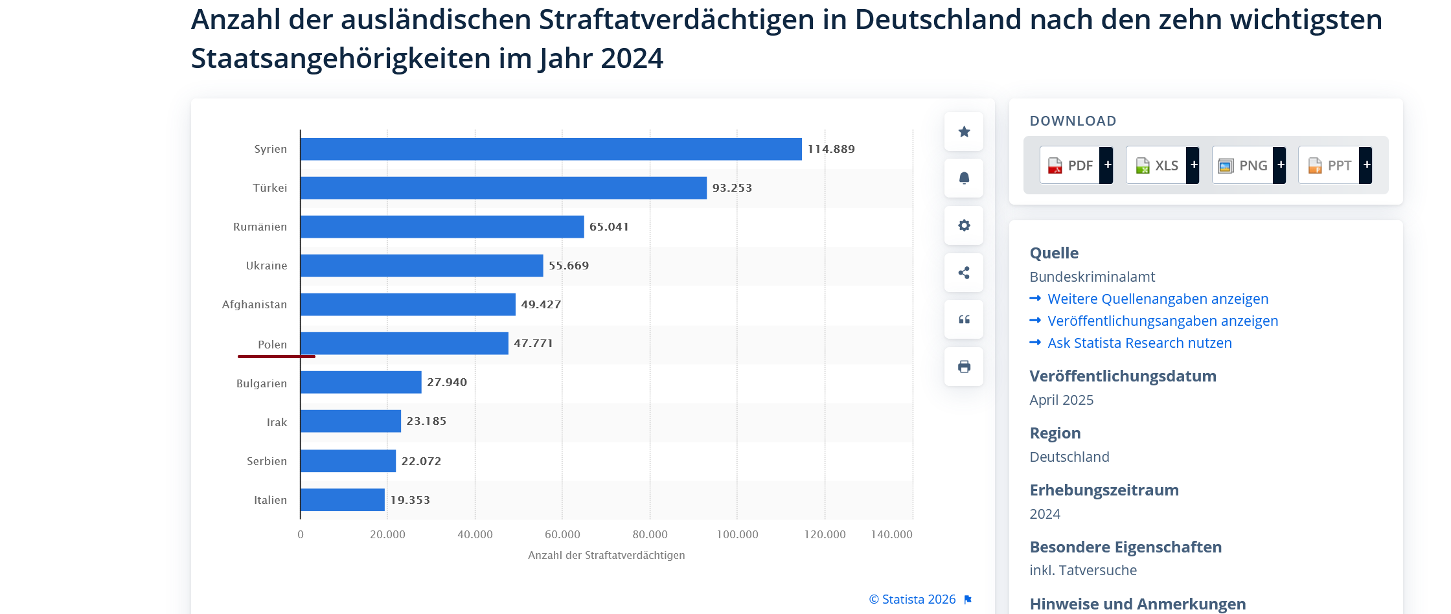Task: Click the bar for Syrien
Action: (551, 149)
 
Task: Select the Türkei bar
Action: (503, 188)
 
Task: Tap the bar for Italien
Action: (343, 500)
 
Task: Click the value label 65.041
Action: (609, 227)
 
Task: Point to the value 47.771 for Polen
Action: (533, 343)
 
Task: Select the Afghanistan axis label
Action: (255, 304)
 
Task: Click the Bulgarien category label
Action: (262, 383)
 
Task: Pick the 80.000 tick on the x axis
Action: (650, 534)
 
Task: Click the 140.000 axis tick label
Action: (891, 534)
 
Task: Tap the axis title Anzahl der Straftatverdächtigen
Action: (606, 555)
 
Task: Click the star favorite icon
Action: (964, 131)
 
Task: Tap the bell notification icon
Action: (964, 178)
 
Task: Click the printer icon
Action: (964, 367)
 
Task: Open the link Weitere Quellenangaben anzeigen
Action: (1158, 299)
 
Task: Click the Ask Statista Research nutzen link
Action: (1139, 343)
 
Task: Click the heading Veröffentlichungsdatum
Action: (1123, 376)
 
